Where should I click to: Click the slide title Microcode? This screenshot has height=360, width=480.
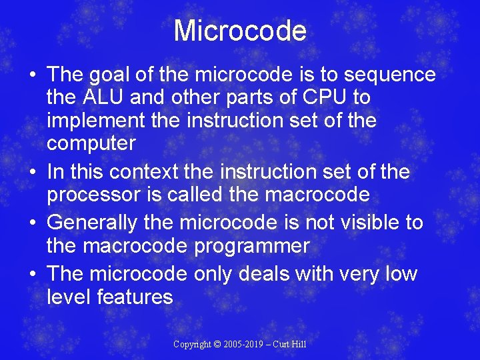tap(240, 31)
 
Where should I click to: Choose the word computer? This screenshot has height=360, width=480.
tap(91, 143)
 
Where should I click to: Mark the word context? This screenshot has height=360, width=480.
tap(147, 172)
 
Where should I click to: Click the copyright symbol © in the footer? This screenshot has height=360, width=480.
tap(217, 345)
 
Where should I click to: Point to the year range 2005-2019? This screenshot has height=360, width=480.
tap(244, 345)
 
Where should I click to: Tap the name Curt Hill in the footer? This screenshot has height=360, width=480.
tap(291, 345)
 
